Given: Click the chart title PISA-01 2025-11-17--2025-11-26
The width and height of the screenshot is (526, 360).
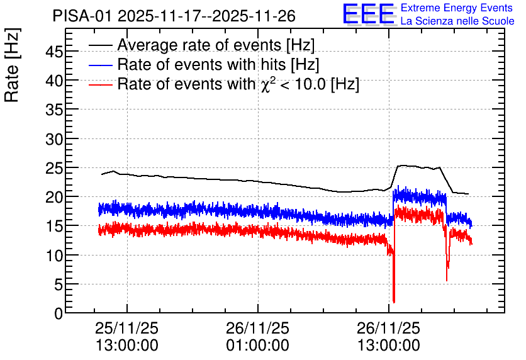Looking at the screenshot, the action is pos(174,16).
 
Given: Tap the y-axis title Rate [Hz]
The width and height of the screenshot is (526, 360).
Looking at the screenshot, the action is pos(12,65).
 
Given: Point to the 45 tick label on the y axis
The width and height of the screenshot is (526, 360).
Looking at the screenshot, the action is pos(54,52).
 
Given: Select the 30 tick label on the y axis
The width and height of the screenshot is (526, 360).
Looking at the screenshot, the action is pos(54,138).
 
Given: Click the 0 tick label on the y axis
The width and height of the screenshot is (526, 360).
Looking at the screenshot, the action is pos(59,313).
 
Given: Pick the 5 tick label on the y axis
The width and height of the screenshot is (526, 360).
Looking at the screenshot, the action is pos(59,284).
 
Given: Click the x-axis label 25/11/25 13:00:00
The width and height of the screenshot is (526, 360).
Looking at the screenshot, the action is pos(127,337).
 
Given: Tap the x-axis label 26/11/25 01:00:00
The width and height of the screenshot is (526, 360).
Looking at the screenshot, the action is pos(257,337).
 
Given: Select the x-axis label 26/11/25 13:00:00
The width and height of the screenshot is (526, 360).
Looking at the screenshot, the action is pos(388,337).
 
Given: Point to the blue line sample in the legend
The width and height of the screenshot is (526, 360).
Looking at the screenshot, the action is pos(101,65).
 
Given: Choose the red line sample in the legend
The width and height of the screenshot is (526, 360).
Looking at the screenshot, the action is pos(101,84).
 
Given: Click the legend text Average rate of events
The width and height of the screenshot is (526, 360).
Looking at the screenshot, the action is pos(199,45).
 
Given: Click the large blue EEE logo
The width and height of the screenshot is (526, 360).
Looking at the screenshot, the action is pos(369,14).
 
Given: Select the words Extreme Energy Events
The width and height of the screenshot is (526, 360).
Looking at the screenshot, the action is pos(457,8).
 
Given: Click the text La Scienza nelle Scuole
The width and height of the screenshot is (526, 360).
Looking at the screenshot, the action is pos(457,21).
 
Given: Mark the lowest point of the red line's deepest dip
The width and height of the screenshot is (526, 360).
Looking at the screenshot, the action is pos(394,303).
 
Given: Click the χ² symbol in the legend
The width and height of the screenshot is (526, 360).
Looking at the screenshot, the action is pos(266,84).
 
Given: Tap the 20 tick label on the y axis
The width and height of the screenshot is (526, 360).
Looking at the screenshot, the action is pos(54,197).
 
